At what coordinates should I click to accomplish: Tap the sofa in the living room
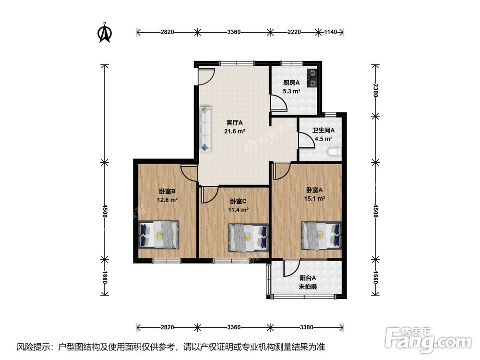coord(206,129)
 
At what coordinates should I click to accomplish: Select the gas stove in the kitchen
coord(312,78)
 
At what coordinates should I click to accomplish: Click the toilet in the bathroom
coord(334,152)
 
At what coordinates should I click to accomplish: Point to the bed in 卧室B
coord(158,235)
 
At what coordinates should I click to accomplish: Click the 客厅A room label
coord(235,123)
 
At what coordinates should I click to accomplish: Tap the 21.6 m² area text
coord(235,132)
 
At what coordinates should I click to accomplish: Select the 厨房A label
coord(291,83)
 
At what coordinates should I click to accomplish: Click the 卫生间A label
coord(323,131)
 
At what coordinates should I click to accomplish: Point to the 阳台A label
coord(308,278)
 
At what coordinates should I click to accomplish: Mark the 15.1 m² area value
coord(314,198)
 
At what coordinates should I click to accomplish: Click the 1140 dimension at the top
coord(330,32)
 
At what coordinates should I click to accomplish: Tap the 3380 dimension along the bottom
coord(306,327)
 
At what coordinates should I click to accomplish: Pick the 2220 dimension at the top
coord(294,32)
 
